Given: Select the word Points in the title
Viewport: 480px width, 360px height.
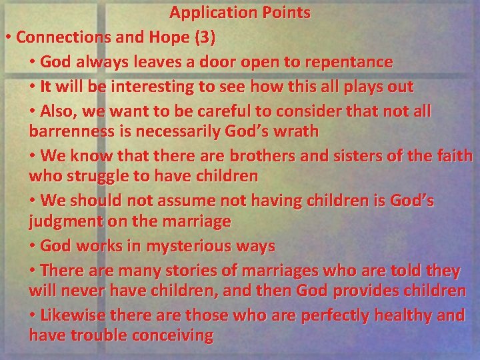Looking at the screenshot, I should click(286, 13).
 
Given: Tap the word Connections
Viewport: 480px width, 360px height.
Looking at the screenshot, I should click(58, 37).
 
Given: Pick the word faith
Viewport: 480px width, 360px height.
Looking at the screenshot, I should click(454, 156).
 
